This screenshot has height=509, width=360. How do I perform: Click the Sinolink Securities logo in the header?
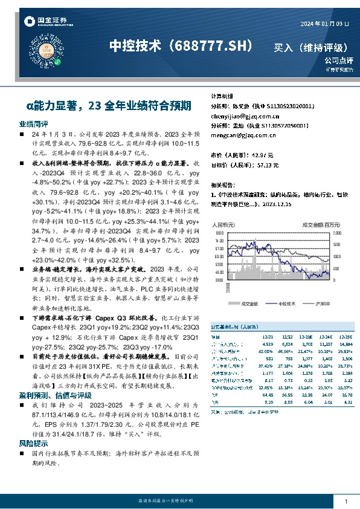[x=45, y=22]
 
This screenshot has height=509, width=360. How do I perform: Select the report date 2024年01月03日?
[x=325, y=24]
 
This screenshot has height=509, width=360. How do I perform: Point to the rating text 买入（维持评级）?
[x=310, y=47]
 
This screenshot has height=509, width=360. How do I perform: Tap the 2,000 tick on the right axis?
[x=337, y=232]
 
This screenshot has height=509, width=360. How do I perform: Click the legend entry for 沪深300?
[x=320, y=303]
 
